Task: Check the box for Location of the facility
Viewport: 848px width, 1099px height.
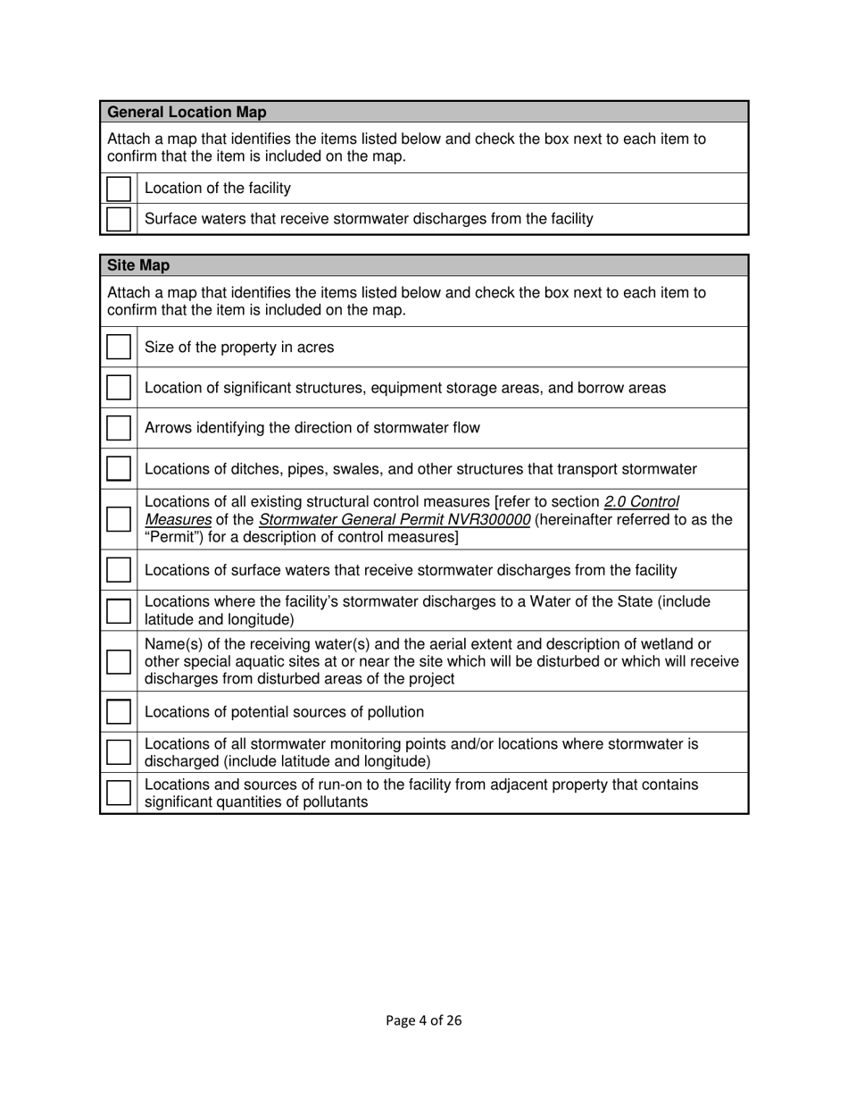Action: point(119,189)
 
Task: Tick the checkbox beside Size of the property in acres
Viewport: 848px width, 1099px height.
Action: point(119,347)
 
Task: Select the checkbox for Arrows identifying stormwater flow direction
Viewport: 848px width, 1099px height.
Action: point(119,428)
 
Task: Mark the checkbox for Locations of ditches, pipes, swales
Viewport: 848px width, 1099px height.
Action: point(119,469)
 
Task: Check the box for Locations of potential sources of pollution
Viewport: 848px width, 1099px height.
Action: point(119,712)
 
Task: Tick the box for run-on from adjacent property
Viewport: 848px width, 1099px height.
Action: point(119,793)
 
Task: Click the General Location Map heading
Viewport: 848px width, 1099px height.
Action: point(187,113)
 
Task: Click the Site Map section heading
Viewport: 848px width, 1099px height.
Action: point(138,265)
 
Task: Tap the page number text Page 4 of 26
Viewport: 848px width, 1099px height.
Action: point(424,1020)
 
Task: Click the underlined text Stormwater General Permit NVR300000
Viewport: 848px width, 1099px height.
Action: point(395,520)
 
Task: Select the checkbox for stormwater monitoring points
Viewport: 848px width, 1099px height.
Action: point(119,752)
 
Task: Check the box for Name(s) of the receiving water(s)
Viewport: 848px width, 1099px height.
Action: point(119,662)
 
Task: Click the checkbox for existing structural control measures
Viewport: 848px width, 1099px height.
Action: point(119,519)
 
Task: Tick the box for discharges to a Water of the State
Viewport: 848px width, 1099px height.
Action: point(119,610)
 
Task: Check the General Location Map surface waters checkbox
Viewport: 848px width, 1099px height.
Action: point(119,219)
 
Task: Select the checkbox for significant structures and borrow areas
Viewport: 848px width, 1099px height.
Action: point(119,388)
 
